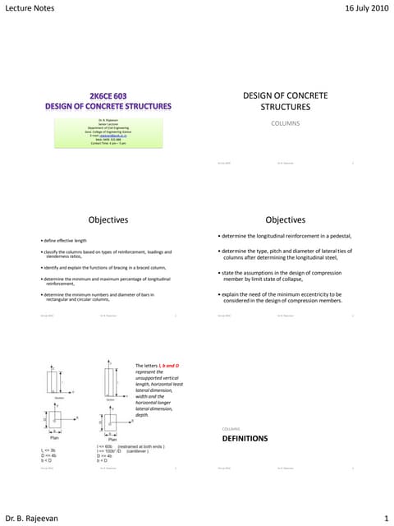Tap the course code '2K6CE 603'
click(x=108, y=95)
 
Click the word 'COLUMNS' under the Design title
click(x=286, y=123)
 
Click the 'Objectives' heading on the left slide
click(x=108, y=219)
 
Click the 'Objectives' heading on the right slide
click(x=286, y=219)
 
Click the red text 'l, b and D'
click(x=173, y=387)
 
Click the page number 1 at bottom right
click(x=385, y=518)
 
